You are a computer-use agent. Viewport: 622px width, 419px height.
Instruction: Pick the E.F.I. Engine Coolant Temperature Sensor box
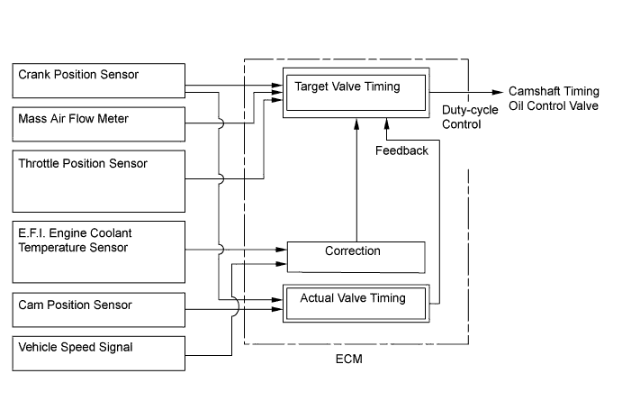pos(98,251)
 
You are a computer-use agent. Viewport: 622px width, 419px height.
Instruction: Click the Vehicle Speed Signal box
pos(98,351)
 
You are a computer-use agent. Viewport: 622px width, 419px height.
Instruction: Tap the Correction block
pos(355,257)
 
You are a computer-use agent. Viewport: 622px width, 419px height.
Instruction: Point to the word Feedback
pos(401,150)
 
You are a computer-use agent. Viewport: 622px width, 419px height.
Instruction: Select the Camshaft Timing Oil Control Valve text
pos(553,98)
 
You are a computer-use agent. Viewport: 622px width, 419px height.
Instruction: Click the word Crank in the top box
pos(33,75)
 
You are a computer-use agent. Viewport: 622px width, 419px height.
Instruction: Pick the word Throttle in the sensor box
pos(41,163)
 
